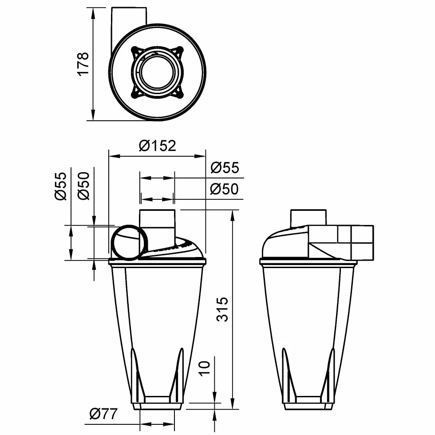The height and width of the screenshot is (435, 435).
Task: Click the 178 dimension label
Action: [x=83, y=64]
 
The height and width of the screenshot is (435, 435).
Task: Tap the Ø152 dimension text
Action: [x=157, y=146]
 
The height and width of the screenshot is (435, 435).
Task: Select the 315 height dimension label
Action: [x=222, y=309]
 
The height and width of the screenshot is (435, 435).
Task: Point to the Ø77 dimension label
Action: [x=103, y=414]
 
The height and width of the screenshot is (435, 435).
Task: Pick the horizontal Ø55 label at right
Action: [x=225, y=168]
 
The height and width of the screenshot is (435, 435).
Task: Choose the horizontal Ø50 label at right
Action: [x=224, y=189]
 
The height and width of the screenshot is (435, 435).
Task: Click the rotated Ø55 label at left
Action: [x=61, y=186]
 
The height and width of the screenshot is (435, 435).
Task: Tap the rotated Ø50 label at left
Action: [x=83, y=186]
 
